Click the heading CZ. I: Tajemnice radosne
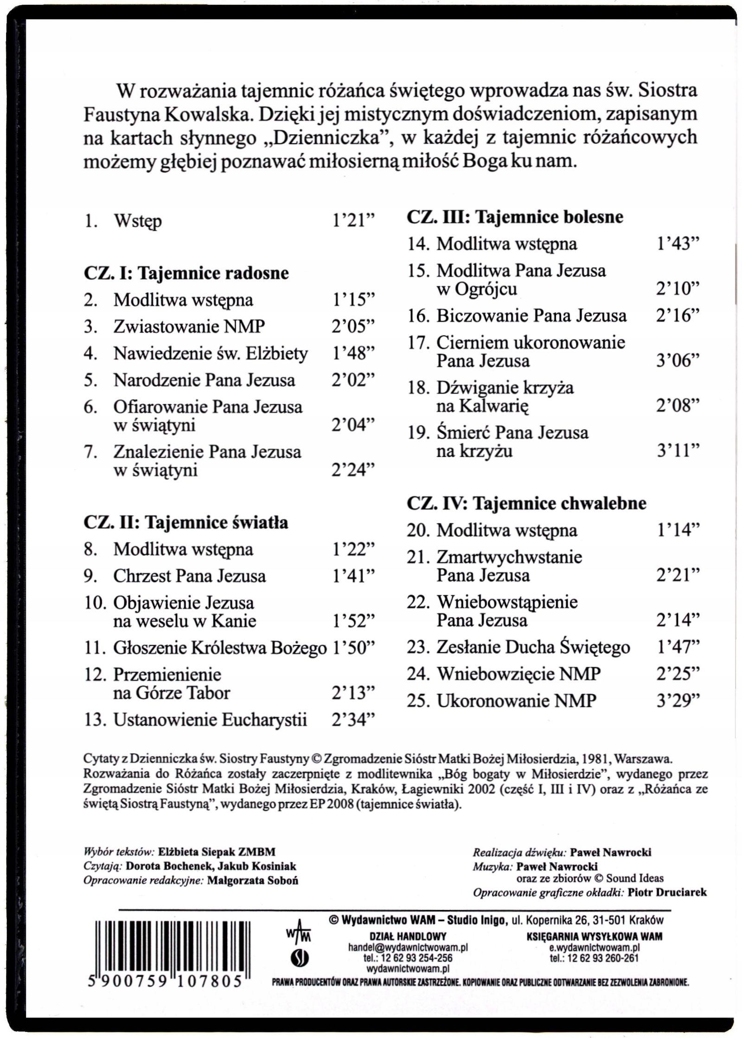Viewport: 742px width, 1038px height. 186,273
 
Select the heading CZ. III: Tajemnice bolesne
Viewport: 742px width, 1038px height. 515,217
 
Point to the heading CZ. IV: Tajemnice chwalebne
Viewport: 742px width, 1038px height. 526,503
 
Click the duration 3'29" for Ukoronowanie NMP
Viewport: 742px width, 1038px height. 677,701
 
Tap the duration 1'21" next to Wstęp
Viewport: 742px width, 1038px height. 352,221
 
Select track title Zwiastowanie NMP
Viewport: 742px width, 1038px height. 189,327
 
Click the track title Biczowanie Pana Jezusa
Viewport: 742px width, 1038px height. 531,316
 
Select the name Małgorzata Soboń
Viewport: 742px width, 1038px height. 253,881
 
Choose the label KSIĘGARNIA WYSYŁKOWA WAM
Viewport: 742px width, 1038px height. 594,936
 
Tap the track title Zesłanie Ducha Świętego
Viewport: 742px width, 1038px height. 533,647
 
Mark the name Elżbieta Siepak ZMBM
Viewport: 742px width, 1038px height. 217,852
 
